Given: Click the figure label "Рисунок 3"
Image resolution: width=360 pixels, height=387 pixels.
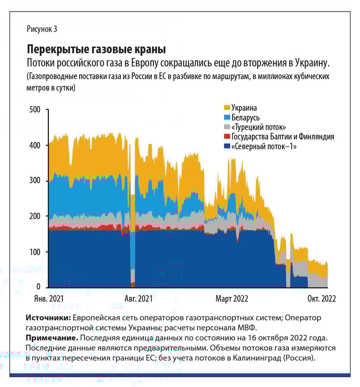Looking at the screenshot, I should [42, 29].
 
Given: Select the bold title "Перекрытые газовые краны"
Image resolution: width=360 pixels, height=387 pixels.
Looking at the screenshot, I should [96, 49].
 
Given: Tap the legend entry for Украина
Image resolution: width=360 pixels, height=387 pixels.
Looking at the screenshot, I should [244, 108].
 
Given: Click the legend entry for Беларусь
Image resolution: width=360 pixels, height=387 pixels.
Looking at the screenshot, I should [245, 118].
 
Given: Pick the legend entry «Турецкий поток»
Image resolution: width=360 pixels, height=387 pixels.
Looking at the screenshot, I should [258, 127].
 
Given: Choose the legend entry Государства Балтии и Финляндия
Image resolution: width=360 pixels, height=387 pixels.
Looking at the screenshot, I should [282, 136].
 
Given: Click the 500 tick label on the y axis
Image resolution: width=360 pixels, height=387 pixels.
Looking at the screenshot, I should [34, 110].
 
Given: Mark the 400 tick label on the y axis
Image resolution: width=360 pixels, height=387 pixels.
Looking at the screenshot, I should [34, 145].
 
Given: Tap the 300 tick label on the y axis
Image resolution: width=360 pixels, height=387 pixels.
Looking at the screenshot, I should [34, 181].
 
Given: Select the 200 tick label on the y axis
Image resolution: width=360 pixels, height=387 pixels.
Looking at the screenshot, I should [34, 216].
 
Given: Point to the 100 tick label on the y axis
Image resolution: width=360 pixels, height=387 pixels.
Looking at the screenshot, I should [34, 252].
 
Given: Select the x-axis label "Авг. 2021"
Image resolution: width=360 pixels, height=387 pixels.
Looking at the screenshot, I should [139, 299].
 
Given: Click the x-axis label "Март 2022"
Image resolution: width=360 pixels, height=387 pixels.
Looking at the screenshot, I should [232, 299].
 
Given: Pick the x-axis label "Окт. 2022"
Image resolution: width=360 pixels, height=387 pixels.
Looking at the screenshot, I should [321, 299].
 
